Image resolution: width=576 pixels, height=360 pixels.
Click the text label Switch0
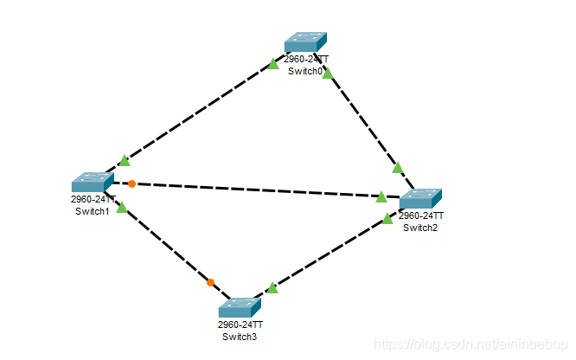pos(306,71)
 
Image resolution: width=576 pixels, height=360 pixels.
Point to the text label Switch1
pos(92,210)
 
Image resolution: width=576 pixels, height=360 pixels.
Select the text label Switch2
pos(420,228)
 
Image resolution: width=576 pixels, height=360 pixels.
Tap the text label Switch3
pos(239,337)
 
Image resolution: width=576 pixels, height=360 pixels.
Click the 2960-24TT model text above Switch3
pos(240,325)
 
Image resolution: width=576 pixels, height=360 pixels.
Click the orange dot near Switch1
pos(131,183)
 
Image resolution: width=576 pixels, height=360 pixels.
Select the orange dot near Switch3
pos(210,282)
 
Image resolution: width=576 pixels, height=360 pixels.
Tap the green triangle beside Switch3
pos(272,288)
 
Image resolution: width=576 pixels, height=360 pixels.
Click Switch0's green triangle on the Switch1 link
pos(273,63)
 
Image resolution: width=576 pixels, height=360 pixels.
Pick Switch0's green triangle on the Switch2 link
pos(327,74)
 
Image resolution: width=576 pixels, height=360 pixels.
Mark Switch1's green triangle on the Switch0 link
pos(125,160)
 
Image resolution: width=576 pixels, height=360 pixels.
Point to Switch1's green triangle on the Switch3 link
pos(122,208)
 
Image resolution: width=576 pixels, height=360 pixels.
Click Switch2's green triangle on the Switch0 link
pos(398,167)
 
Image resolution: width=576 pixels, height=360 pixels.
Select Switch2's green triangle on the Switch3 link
pos(387,219)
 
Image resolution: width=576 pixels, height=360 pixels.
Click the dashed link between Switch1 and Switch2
pos(259,190)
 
